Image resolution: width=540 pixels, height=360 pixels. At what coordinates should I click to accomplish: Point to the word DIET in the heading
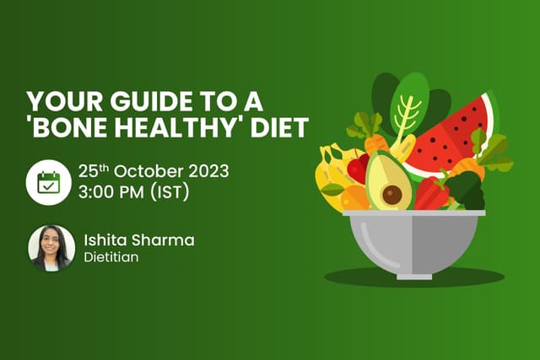coord(280,128)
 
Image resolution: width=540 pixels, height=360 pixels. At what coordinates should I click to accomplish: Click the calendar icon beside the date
coord(47,182)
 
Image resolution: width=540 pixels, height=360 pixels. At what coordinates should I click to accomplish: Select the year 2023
coord(206,170)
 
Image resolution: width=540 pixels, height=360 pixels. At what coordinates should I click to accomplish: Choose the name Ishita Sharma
coord(138,240)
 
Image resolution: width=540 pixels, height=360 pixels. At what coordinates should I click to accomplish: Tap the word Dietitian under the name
coord(111,257)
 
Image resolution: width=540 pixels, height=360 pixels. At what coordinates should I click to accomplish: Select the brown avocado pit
coord(392,195)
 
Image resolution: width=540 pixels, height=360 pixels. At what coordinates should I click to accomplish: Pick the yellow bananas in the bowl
coord(331,173)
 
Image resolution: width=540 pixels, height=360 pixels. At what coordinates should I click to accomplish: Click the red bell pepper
coord(432,193)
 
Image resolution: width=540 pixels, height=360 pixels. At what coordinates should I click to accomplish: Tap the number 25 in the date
coord(88,170)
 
